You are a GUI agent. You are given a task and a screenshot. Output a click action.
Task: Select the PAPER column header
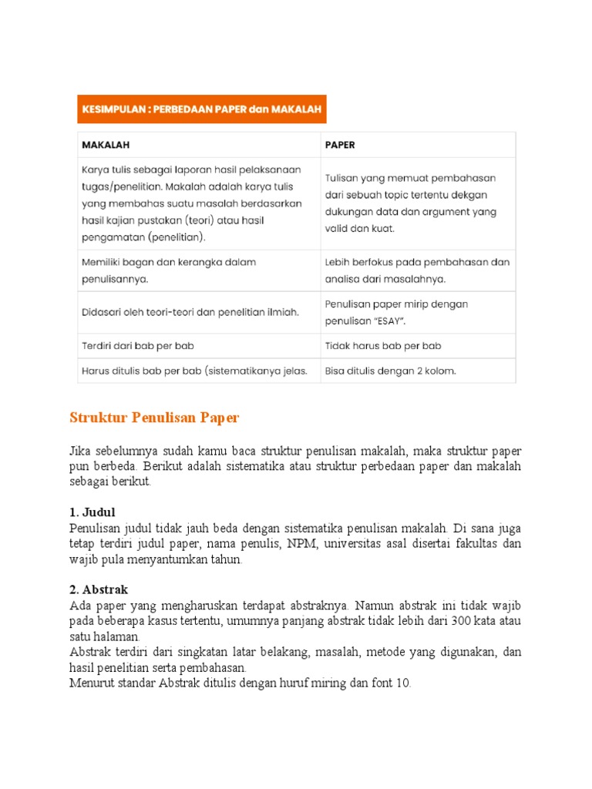[340, 144]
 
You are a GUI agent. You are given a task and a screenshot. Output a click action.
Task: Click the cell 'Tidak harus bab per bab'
[383, 346]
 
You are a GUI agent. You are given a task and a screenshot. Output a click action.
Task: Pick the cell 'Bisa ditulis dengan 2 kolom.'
[390, 371]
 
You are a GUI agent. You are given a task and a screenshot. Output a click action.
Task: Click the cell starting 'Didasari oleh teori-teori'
[189, 311]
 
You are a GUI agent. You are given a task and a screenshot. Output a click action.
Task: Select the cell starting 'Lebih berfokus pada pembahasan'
[417, 270]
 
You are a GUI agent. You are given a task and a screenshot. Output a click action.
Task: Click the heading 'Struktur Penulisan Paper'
[154, 418]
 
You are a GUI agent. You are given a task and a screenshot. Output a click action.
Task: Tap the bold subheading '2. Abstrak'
[98, 589]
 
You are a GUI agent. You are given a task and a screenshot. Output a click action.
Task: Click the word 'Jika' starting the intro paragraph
[80, 450]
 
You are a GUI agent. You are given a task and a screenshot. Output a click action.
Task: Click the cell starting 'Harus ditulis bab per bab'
[194, 371]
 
